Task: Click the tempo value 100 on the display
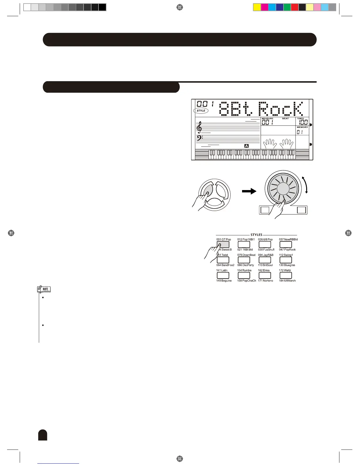pos(303,123)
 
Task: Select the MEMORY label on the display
pos(302,127)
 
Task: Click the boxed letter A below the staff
pos(246,146)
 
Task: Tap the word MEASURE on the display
pos(267,119)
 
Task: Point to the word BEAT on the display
pos(285,119)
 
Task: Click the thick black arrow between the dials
pos(249,192)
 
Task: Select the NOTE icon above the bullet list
pos(44,289)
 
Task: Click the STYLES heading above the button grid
pos(256,235)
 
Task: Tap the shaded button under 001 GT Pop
pos(223,244)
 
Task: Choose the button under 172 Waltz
pos(286,275)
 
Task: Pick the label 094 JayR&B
pos(266,255)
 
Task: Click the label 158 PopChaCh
pos(246,281)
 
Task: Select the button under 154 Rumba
pos(244,275)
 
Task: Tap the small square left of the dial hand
pos(265,210)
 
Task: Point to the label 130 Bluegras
pos(287,265)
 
